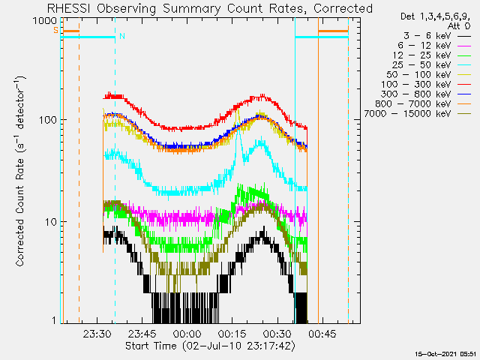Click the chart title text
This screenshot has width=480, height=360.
pyautogui.click(x=209, y=8)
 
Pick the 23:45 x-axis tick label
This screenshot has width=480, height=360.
pyautogui.click(x=142, y=334)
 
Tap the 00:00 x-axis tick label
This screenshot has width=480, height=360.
pyautogui.click(x=187, y=334)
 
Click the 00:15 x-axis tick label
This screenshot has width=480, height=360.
pyautogui.click(x=232, y=334)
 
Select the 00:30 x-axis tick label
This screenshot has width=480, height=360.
pyautogui.click(x=277, y=334)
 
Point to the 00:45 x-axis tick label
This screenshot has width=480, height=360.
pyautogui.click(x=322, y=334)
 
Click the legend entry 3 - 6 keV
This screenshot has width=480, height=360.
pyautogui.click(x=425, y=35)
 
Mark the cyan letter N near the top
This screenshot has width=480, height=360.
pyautogui.click(x=121, y=36)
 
